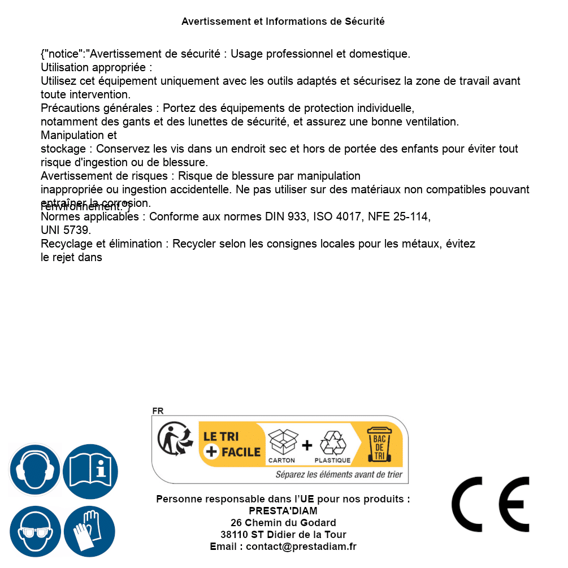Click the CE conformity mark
point(490,504)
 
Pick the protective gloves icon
point(90,531)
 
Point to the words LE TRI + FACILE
point(232,444)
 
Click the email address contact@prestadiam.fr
point(301,547)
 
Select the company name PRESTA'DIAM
point(283,511)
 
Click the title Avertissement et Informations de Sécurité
point(283,21)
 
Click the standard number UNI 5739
point(66,231)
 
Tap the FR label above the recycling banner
point(158,411)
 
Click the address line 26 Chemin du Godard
point(283,523)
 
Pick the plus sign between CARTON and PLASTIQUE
point(307,445)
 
